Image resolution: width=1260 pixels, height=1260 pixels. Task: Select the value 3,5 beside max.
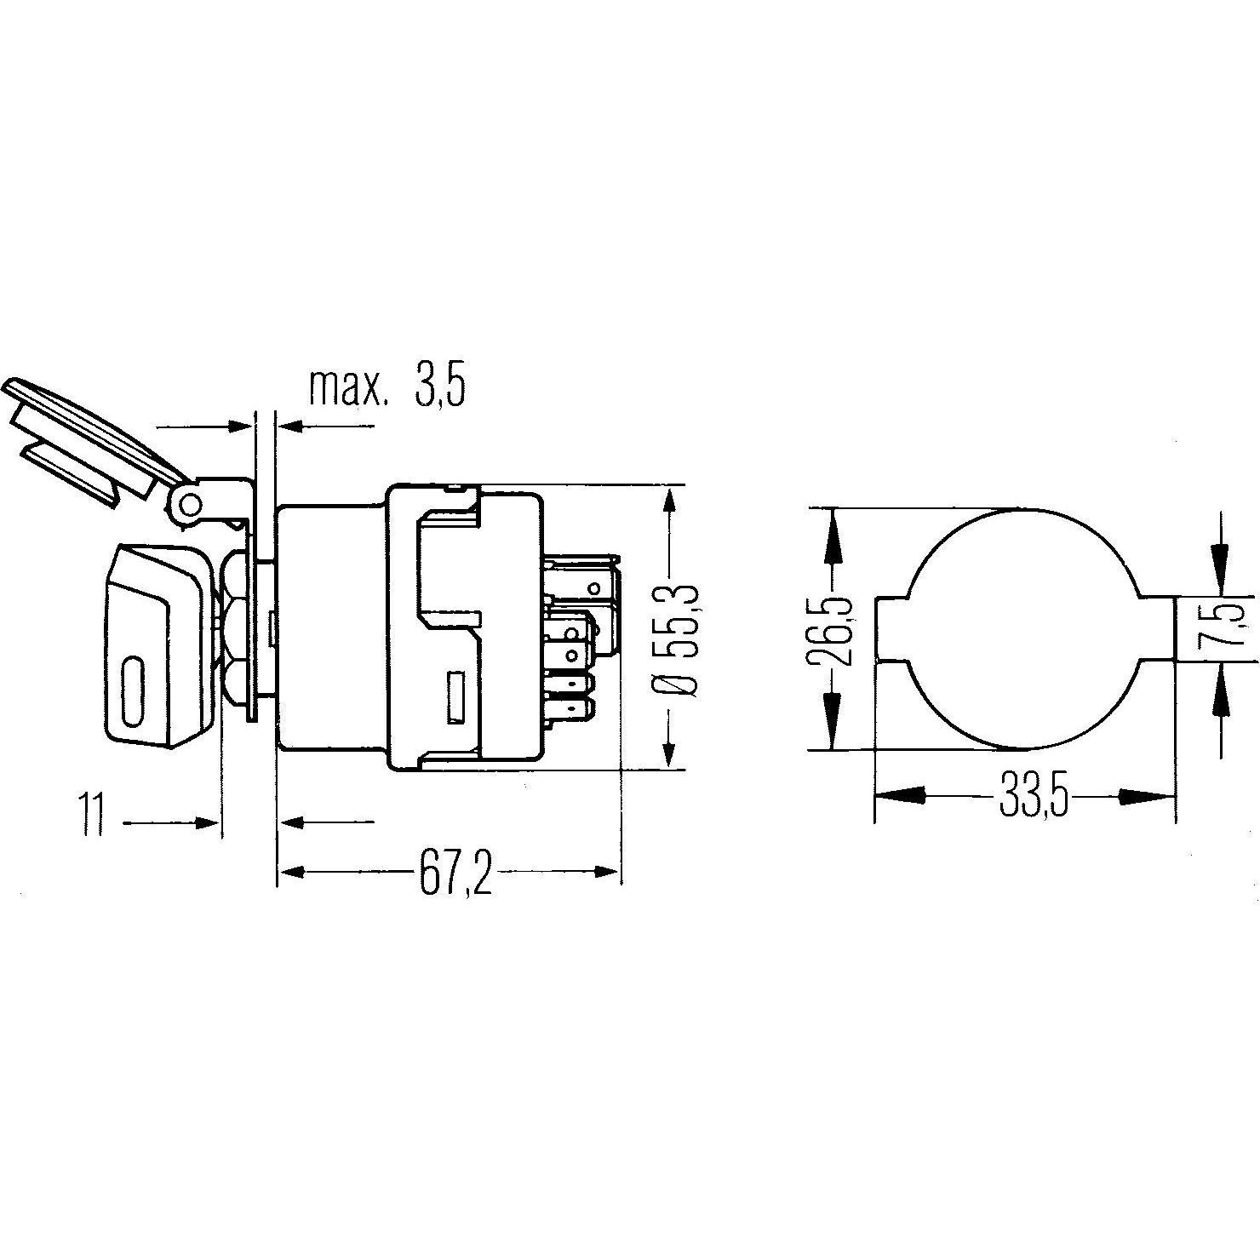tap(440, 387)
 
